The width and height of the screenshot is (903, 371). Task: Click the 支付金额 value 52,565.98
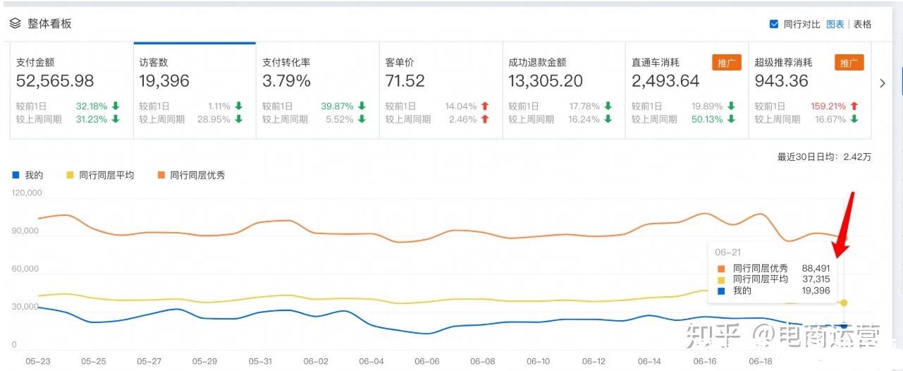tap(55, 81)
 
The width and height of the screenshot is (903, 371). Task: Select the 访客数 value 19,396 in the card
tap(164, 81)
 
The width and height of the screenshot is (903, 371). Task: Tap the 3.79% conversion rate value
tap(286, 81)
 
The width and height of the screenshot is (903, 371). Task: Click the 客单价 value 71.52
tap(405, 81)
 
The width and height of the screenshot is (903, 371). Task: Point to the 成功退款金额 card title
tap(537, 62)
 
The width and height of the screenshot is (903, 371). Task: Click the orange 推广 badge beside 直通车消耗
tap(726, 62)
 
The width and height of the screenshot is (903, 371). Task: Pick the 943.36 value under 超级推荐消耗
tap(781, 81)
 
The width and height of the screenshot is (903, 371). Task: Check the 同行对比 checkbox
tap(774, 24)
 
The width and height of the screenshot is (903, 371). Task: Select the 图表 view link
tap(835, 24)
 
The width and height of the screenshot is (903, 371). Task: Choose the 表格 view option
tap(862, 24)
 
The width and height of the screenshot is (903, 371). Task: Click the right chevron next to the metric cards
tap(882, 83)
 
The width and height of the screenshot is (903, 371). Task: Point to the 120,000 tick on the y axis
tap(27, 193)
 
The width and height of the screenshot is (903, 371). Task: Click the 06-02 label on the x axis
tap(315, 361)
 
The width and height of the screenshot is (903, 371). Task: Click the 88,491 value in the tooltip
tap(816, 268)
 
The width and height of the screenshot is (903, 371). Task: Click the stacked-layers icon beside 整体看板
tap(15, 23)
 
